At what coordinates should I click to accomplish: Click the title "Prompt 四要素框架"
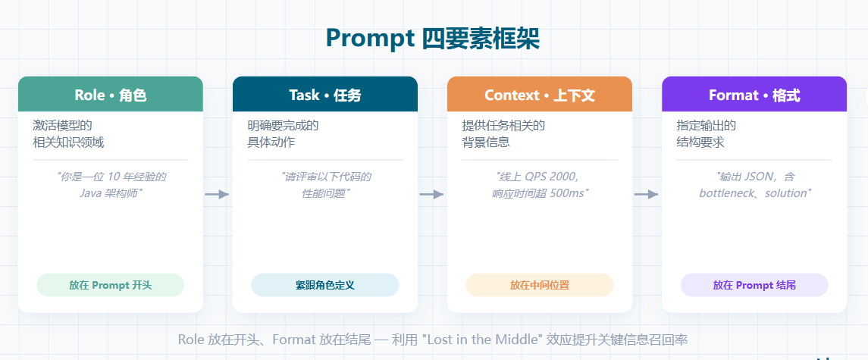click(x=432, y=38)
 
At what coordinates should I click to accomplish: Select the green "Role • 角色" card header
click(x=111, y=94)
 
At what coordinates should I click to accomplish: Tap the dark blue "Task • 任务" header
click(x=325, y=94)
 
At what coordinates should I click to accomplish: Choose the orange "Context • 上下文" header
click(x=540, y=94)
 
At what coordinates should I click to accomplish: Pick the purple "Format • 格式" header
click(x=754, y=94)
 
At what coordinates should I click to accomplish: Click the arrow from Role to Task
click(x=217, y=194)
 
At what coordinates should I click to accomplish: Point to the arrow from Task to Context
click(x=432, y=194)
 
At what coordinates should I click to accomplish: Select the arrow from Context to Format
click(x=646, y=194)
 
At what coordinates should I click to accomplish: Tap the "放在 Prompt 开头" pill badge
click(x=111, y=285)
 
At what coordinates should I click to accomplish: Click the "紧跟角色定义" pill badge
click(x=325, y=285)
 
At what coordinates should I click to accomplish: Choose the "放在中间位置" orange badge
click(x=540, y=285)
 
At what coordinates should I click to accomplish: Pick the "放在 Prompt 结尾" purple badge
click(x=754, y=285)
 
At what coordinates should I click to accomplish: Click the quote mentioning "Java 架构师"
click(x=111, y=185)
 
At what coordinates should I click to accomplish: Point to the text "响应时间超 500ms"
click(x=540, y=193)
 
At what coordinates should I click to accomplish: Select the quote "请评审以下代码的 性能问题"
click(x=325, y=185)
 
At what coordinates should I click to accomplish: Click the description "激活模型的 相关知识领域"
click(x=68, y=134)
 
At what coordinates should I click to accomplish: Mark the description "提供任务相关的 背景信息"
click(x=503, y=134)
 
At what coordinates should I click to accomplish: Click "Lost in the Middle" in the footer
click(x=481, y=340)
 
